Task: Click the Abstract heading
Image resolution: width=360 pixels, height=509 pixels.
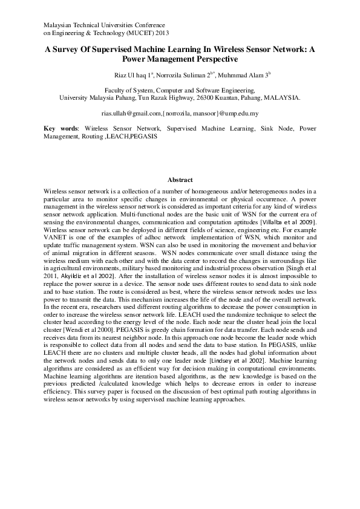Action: point(180,180)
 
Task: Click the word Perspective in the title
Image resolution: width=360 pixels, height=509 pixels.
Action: point(210,60)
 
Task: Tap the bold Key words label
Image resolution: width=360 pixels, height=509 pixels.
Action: point(61,129)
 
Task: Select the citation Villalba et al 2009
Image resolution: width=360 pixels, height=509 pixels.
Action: point(287,223)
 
